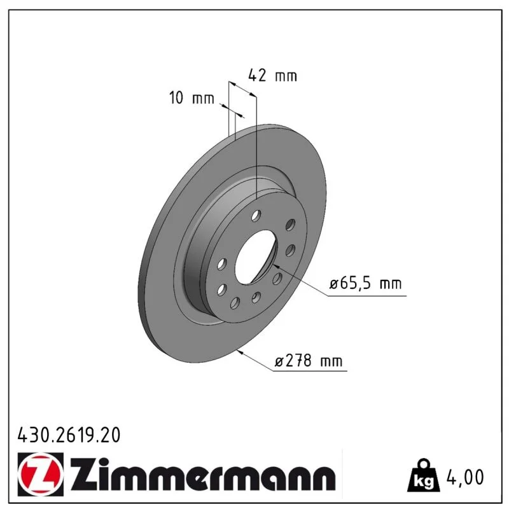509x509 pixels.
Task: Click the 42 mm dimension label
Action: coord(272,76)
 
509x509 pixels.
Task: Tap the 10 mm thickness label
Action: coord(192,97)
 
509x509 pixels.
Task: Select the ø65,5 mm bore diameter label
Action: coord(365,283)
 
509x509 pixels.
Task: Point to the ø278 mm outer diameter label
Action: coord(309,361)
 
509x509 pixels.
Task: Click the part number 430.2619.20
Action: coord(69,435)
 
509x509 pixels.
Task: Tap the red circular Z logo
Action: coord(41,474)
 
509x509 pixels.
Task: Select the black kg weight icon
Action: coord(424,475)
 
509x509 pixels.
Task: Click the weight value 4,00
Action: coord(465,477)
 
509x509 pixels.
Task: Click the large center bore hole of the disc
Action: coord(255,256)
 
